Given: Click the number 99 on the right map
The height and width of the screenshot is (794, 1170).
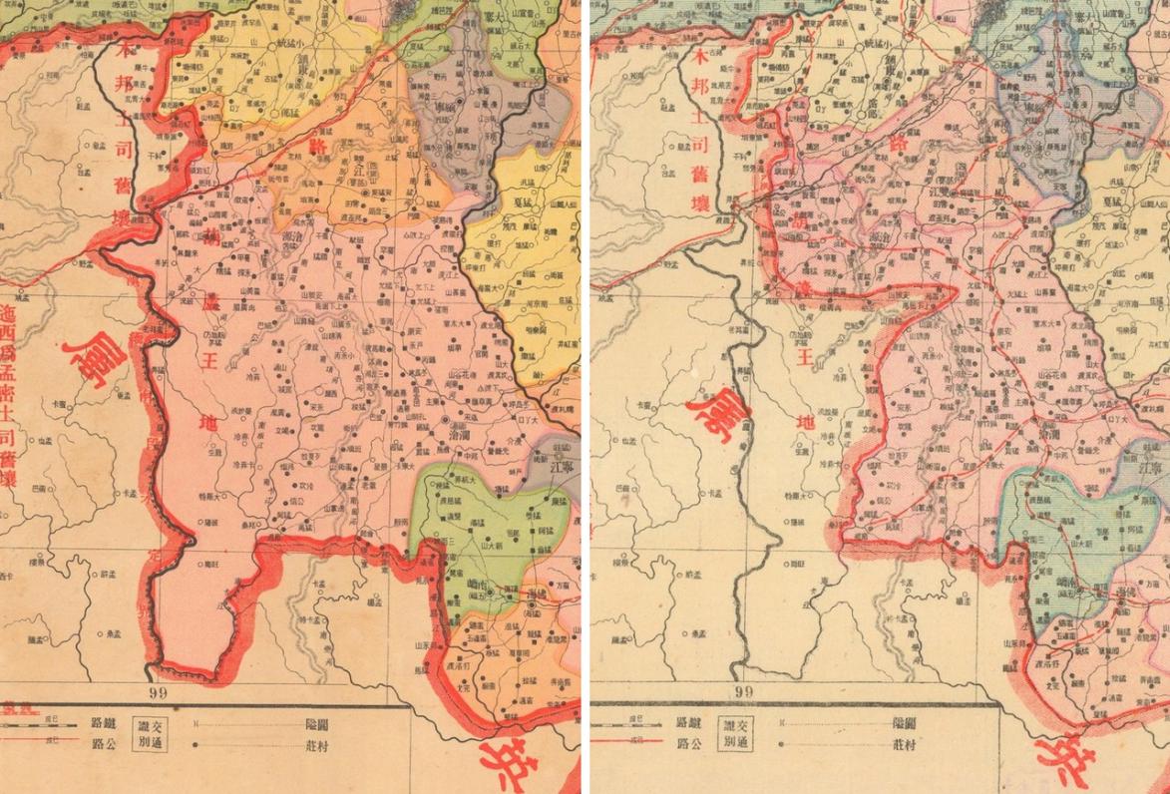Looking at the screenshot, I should tap(742, 690).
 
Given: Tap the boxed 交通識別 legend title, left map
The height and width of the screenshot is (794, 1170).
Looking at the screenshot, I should tap(154, 732).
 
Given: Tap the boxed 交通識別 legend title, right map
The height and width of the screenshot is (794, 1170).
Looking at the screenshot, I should tap(739, 732).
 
